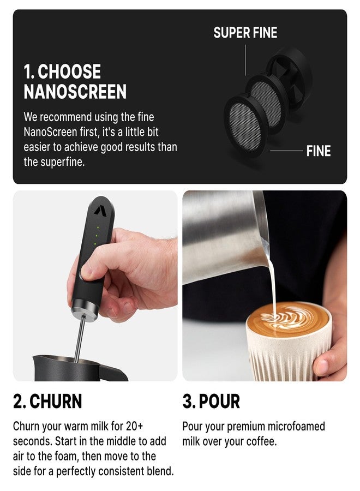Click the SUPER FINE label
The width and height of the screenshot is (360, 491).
click(x=245, y=33)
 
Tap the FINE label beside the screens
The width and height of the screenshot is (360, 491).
click(x=319, y=151)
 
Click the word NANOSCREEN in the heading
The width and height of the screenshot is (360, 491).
click(x=75, y=92)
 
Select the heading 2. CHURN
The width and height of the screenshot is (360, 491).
click(x=47, y=402)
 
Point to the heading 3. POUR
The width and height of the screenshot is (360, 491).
click(x=211, y=402)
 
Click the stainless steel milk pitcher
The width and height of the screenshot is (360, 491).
click(x=224, y=235)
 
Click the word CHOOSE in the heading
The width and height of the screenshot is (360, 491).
click(x=69, y=72)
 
